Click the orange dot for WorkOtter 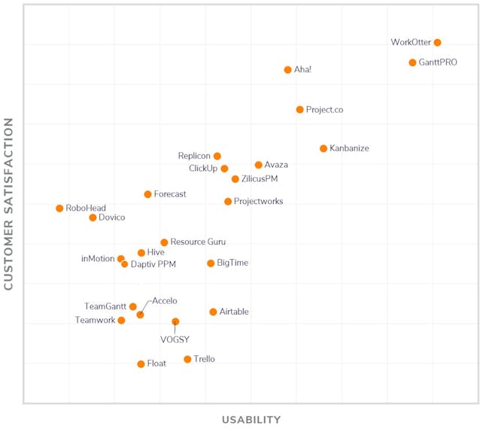pos(437,43)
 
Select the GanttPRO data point pos(412,62)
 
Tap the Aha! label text pos(303,70)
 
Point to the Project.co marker pos(299,110)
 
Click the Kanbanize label pos(349,149)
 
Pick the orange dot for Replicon pos(217,157)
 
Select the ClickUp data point pos(224,169)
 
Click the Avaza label pos(276,165)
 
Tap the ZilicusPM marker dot pos(235,179)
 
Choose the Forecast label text pos(170,194)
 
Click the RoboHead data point pos(59,208)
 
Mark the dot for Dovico pos(93,218)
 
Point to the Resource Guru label pos(198,242)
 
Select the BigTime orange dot pos(211,263)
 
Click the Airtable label pos(234,312)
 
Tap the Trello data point pos(187,359)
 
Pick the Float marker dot pos(141,364)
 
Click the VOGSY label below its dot pos(175,339)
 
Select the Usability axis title pos(251,420)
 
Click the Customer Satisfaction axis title pos(9,203)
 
